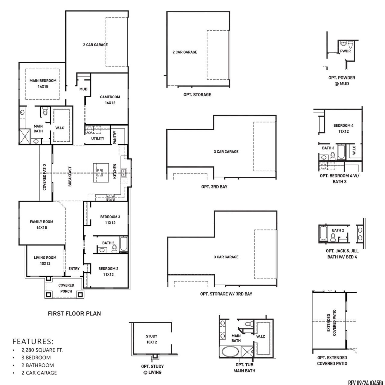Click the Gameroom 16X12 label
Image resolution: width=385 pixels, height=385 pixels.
click(x=110, y=100)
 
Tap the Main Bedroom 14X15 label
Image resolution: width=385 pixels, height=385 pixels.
click(x=43, y=84)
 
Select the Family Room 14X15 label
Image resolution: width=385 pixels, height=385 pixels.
click(x=42, y=225)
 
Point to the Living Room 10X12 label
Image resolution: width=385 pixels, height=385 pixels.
click(x=45, y=260)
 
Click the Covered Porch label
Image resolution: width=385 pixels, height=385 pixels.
click(x=66, y=288)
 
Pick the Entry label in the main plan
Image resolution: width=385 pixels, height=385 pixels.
click(x=74, y=269)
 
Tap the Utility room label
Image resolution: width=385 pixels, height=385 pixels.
click(x=98, y=138)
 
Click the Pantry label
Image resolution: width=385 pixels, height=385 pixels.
click(x=115, y=137)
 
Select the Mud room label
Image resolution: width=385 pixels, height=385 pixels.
click(x=83, y=89)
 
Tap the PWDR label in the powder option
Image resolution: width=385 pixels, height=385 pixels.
click(x=345, y=51)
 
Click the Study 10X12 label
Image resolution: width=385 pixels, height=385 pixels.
click(x=152, y=339)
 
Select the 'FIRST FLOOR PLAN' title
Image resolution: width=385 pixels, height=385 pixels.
click(x=74, y=313)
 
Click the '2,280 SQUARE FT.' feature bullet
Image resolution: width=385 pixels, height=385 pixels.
click(x=42, y=350)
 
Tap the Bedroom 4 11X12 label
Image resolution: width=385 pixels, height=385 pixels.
click(x=343, y=128)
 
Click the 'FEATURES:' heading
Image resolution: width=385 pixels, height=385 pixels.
click(x=33, y=341)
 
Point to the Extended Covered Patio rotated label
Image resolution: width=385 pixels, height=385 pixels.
click(x=331, y=323)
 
